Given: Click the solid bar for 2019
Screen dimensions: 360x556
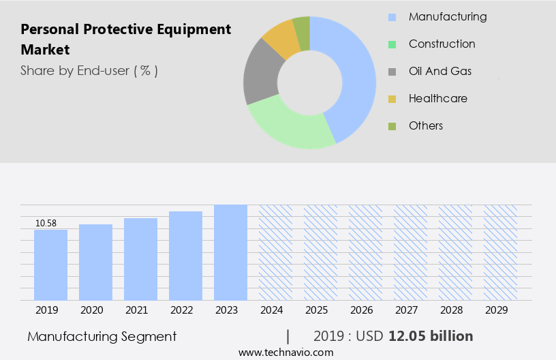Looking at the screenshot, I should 50,265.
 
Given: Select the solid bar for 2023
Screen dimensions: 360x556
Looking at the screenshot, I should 230,252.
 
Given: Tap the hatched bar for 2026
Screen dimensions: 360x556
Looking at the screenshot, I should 365,252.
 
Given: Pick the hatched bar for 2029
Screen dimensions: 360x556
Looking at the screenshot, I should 500,252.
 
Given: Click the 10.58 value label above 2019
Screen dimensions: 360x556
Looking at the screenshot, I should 46,223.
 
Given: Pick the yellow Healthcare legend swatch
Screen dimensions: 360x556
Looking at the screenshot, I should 392,99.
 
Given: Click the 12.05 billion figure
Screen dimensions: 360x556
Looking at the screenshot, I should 431,336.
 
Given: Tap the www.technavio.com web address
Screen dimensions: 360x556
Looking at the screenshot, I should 286,352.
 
